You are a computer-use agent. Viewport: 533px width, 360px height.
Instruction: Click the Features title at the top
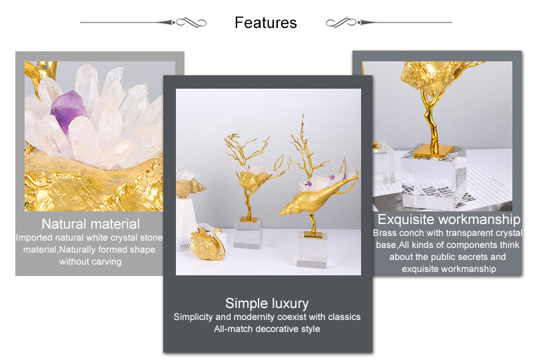click(265, 23)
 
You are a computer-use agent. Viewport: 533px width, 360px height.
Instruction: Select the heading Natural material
click(91, 224)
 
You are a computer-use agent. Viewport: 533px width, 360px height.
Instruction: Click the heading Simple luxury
click(267, 303)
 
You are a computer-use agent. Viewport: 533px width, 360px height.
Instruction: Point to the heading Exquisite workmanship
click(448, 219)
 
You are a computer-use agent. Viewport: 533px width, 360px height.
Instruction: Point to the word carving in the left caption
click(107, 261)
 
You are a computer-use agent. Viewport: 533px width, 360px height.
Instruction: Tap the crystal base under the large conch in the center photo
click(312, 249)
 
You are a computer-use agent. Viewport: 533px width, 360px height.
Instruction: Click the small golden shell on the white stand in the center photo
click(191, 187)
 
